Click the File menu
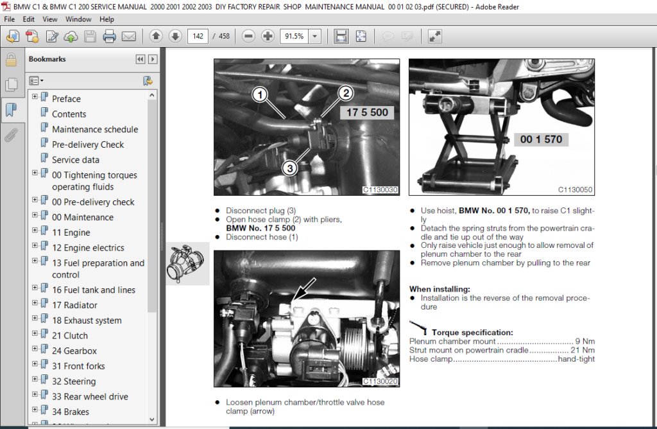(9, 19)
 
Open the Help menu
(107, 19)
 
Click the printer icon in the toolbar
(109, 37)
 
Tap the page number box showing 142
(198, 37)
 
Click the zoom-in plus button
(268, 37)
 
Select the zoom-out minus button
(248, 37)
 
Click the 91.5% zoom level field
(294, 37)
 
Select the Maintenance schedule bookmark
(95, 130)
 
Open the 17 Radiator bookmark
(74, 305)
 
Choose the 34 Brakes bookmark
(71, 412)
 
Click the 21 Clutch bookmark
(70, 336)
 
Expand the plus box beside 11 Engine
(35, 230)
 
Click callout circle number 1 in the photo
(260, 94)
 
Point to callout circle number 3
(289, 168)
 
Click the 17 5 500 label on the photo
(367, 112)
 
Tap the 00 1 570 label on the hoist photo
(541, 139)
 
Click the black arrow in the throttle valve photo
(304, 290)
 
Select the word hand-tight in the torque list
(577, 359)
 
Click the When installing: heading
(439, 289)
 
